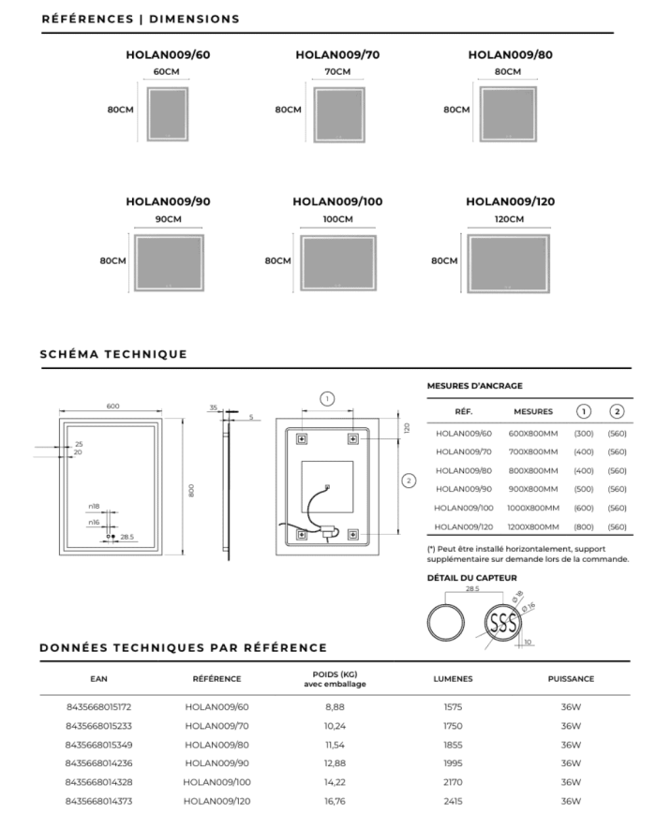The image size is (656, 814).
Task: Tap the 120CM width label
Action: (510, 219)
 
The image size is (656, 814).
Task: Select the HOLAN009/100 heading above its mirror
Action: (337, 201)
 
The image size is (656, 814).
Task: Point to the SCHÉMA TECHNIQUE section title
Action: (113, 354)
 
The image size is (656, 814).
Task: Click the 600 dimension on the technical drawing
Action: (112, 406)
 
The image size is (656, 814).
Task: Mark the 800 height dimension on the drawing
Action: (191, 490)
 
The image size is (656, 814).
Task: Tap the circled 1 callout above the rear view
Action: (327, 398)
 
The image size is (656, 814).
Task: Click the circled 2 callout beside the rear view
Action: (408, 481)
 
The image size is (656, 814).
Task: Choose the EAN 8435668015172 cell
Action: (98, 706)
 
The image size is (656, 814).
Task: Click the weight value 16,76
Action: (335, 801)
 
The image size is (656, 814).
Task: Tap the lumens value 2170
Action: (453, 782)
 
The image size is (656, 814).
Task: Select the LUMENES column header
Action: (453, 679)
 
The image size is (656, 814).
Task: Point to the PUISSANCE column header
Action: (571, 679)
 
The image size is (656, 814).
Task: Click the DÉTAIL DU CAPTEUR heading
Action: (471, 578)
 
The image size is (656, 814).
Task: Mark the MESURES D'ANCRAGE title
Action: (474, 385)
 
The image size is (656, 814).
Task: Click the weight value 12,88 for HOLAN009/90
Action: (335, 763)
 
